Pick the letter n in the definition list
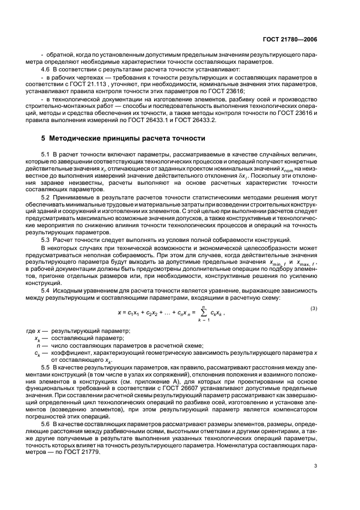point(38,345)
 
